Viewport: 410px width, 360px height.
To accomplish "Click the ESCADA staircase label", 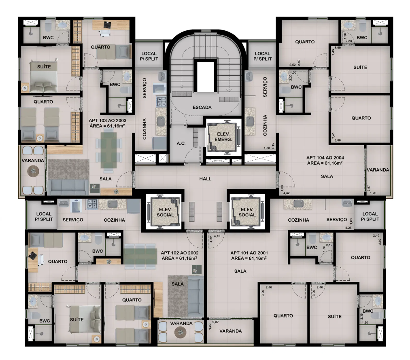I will [x=202, y=108].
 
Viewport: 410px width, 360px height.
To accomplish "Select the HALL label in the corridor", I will [x=205, y=179].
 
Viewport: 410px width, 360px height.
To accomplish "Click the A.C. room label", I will [x=181, y=144].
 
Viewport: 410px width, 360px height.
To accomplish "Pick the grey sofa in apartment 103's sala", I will [x=68, y=187].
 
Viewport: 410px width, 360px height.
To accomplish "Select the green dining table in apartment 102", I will [x=140, y=256].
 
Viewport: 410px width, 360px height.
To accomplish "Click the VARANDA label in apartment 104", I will [x=378, y=170].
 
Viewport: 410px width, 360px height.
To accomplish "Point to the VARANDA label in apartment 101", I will [x=230, y=331].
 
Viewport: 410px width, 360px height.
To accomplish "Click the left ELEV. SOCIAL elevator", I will [x=165, y=212].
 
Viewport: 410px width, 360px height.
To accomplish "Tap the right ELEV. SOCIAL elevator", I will [x=247, y=212].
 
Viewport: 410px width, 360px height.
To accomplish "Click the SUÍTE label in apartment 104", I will [x=360, y=68].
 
